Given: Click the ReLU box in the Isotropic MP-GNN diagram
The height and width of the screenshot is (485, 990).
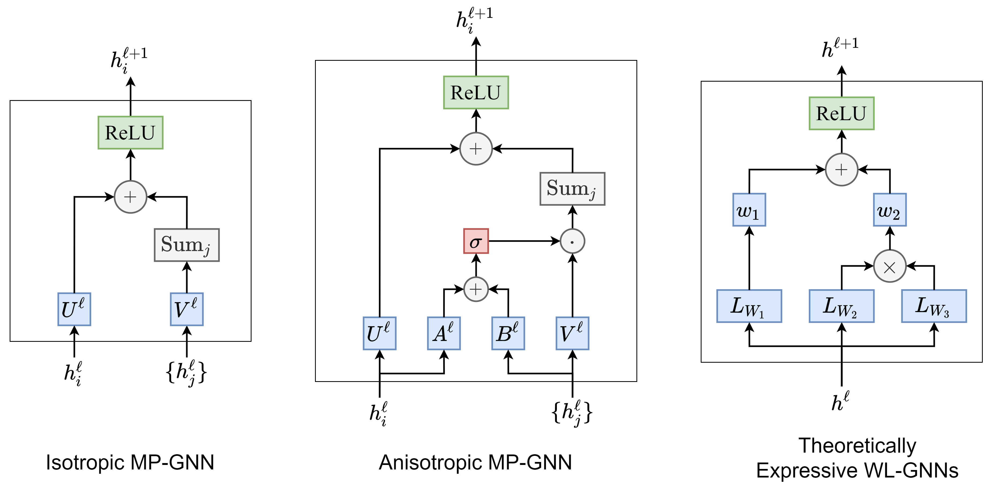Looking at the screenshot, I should coord(130,132).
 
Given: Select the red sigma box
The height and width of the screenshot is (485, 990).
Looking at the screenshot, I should coord(476,241).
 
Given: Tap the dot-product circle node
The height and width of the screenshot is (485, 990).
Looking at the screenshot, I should coord(572,241).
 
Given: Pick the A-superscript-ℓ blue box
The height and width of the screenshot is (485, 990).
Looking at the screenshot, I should coord(444,333).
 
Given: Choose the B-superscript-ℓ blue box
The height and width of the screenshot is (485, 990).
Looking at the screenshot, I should coord(508,333).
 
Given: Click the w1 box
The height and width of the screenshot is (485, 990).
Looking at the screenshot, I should coord(749,210).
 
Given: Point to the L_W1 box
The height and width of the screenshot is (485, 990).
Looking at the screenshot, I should coord(749,306).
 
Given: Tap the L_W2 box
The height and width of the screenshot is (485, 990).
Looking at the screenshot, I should coord(841,306).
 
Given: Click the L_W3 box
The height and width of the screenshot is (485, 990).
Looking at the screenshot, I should coord(934,306).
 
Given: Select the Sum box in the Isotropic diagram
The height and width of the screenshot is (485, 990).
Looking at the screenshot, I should coord(187,245).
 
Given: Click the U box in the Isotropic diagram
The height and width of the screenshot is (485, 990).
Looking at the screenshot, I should coord(74,309).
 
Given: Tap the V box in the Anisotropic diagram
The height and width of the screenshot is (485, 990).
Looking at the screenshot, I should coord(572,333).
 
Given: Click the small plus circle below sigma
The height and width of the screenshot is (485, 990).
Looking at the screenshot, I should coord(476,289).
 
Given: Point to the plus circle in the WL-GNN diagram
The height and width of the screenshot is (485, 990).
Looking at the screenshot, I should coord(841,170).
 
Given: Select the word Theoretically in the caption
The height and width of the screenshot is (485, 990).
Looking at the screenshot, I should coord(857,446).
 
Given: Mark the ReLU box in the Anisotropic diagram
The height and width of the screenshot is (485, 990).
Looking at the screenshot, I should coord(476,93).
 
